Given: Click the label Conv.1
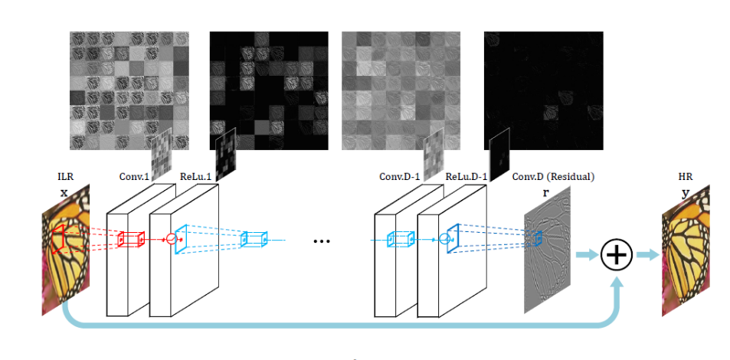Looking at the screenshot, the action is pyautogui.click(x=136, y=177).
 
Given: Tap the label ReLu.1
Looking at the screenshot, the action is pyautogui.click(x=198, y=177).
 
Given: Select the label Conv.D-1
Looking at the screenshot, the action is pyautogui.click(x=401, y=177).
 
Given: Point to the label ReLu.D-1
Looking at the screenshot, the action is pyautogui.click(x=466, y=177).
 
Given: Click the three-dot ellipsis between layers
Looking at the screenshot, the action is pyautogui.click(x=322, y=241).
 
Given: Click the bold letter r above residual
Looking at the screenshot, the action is pyautogui.click(x=545, y=194).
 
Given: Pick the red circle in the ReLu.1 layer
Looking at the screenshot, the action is pyautogui.click(x=171, y=239).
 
